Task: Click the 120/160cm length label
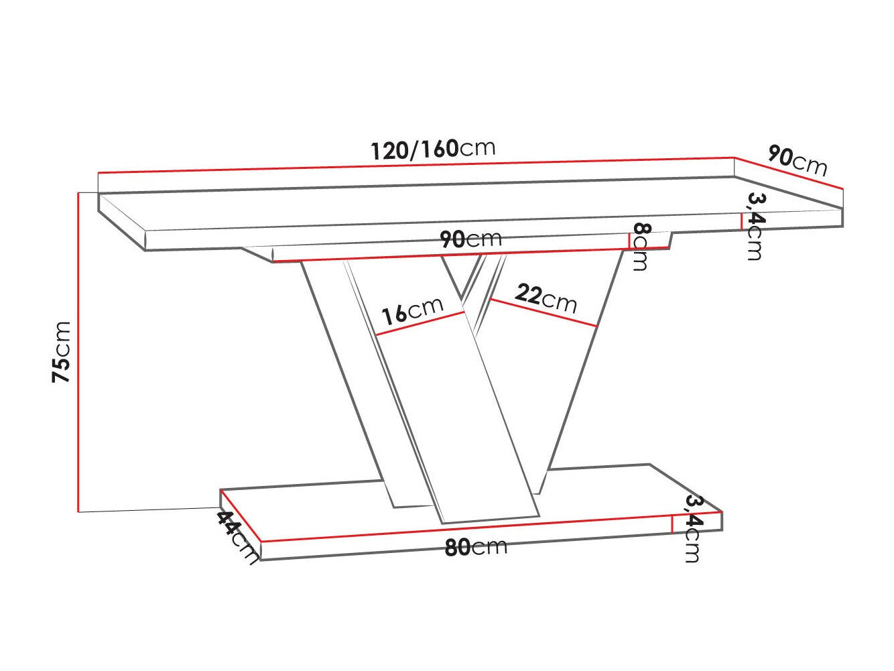(x=434, y=149)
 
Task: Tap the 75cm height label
(x=62, y=352)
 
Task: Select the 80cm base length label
(x=476, y=547)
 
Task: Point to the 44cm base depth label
(x=237, y=536)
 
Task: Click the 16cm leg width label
(x=411, y=310)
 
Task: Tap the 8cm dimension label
(x=640, y=247)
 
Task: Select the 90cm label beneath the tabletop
(x=470, y=239)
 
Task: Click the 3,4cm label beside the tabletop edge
(x=755, y=226)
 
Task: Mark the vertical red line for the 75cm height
(x=79, y=352)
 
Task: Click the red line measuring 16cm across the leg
(x=420, y=323)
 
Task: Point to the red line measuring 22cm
(x=543, y=312)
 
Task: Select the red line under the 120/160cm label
(x=416, y=165)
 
